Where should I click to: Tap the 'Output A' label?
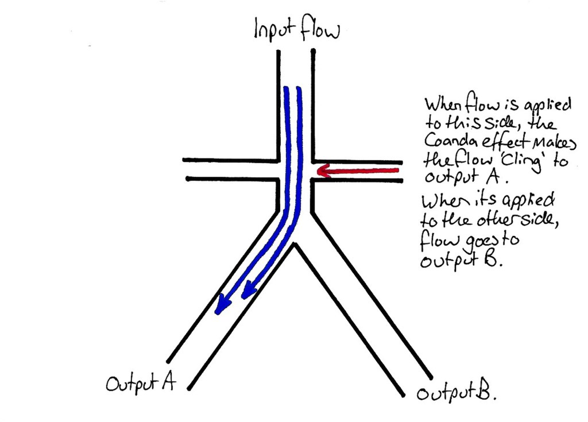(140, 383)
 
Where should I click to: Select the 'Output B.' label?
(457, 394)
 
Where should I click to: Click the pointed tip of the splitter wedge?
(295, 244)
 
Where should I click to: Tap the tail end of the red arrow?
(397, 170)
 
